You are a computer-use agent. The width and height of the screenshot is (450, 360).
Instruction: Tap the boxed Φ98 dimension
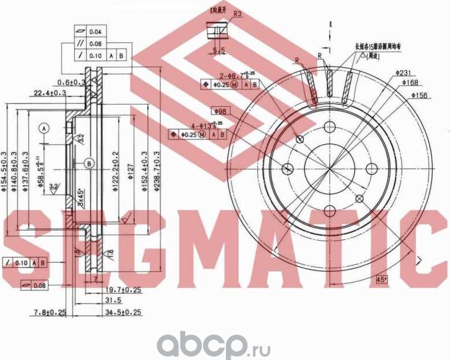tap(219, 111)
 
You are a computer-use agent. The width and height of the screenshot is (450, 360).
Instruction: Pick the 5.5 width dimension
tap(219, 51)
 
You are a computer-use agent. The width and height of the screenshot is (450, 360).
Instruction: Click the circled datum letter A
tap(45, 127)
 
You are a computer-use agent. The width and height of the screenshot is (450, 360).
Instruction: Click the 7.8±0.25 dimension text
tap(49, 313)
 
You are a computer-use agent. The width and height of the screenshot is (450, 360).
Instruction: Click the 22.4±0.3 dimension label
tap(49, 92)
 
